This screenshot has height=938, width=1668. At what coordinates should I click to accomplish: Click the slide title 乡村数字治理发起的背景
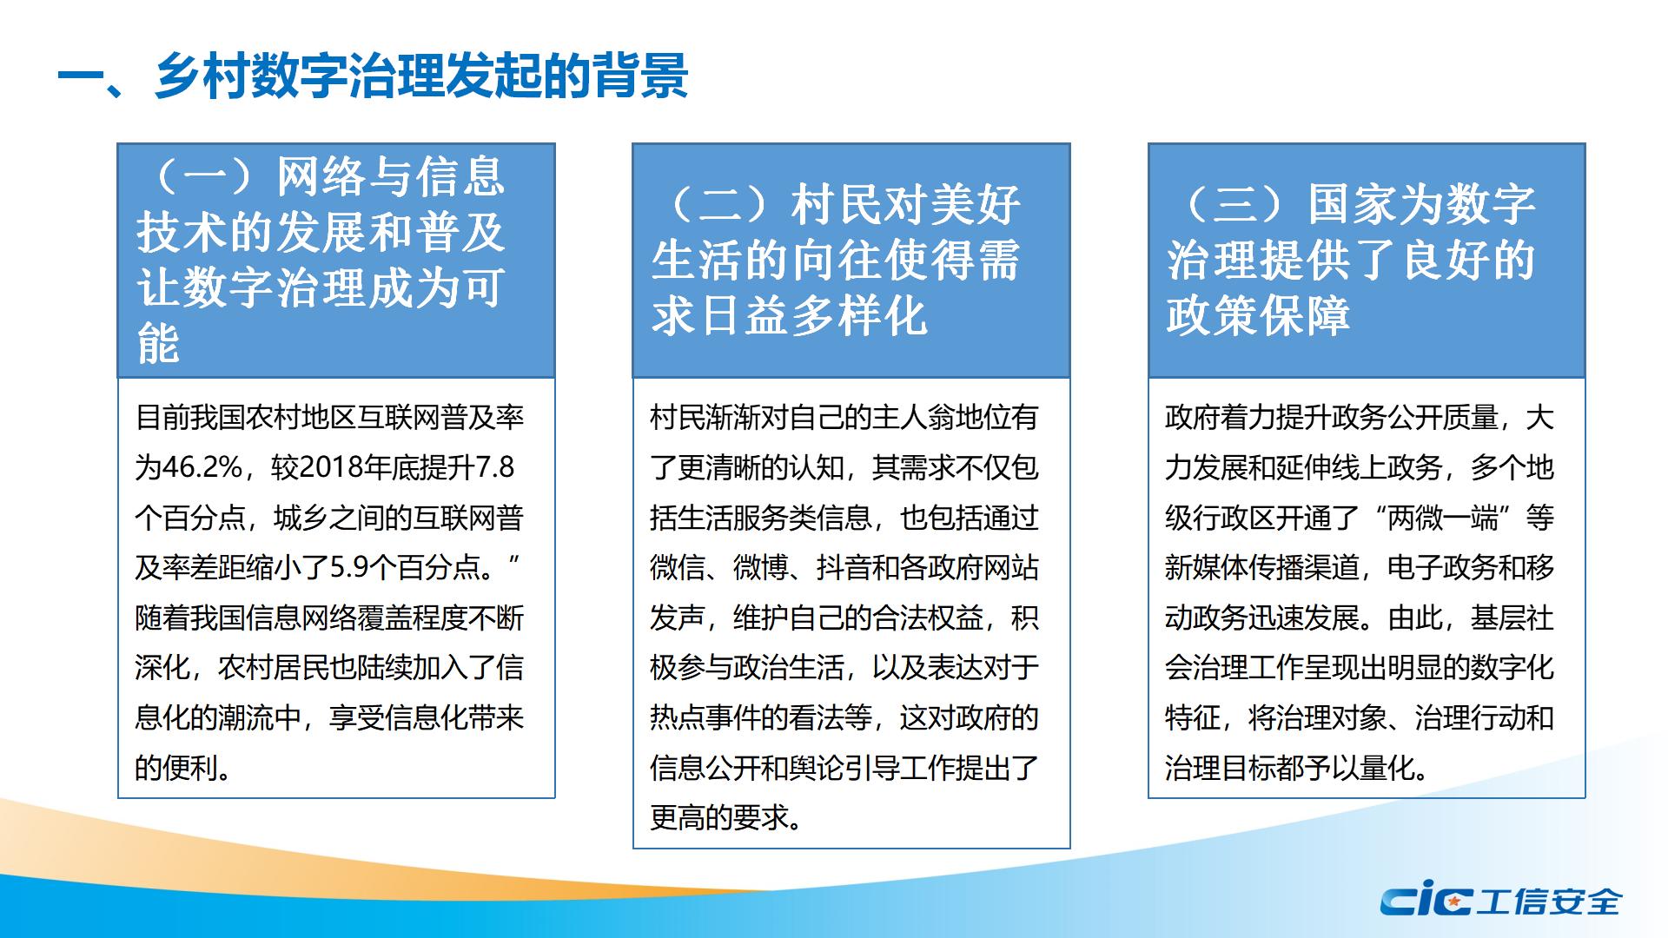click(x=422, y=76)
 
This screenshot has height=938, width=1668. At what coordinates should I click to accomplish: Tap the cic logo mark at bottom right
click(x=1426, y=902)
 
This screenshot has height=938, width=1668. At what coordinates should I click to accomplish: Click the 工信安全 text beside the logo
click(x=1548, y=902)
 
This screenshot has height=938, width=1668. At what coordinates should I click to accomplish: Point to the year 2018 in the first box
click(x=331, y=467)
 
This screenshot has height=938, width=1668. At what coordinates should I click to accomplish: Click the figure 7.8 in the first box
click(x=495, y=467)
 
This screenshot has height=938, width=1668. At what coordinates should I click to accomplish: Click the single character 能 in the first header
click(x=159, y=344)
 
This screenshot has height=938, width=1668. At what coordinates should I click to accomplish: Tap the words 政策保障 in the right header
click(x=1258, y=316)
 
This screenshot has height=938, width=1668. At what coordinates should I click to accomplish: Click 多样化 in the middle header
click(x=859, y=316)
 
